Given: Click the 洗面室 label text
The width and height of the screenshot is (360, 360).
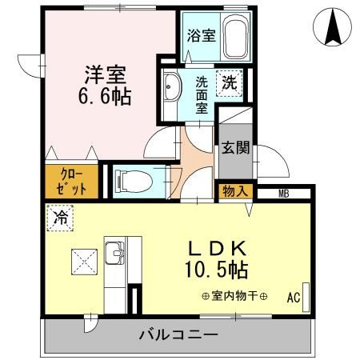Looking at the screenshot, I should (x=202, y=94).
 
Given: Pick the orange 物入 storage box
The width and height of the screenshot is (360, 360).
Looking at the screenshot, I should (x=234, y=192).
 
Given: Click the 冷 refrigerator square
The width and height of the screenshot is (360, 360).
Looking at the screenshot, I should (x=61, y=217).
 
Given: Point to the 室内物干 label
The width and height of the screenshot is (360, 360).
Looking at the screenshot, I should (x=235, y=295).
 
